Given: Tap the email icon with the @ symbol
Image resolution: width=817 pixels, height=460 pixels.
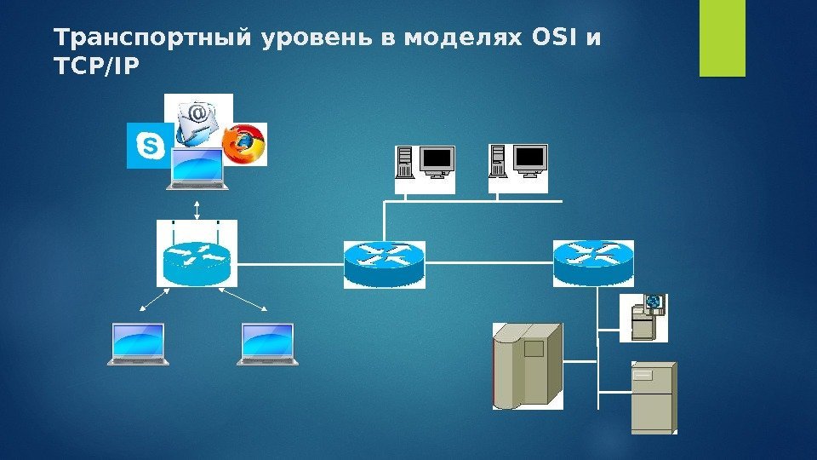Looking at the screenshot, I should click(197, 119).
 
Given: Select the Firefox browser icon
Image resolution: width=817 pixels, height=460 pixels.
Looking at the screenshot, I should click(245, 144).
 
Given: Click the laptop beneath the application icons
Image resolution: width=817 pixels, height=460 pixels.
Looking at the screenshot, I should click(197, 169).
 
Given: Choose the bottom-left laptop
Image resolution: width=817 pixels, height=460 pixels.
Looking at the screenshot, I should click(138, 344).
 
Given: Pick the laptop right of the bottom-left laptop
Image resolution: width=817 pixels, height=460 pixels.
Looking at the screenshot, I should click(268, 344).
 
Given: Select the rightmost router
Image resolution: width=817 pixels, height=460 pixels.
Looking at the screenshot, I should click(593, 262).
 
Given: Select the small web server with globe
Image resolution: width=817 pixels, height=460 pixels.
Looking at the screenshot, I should click(644, 318).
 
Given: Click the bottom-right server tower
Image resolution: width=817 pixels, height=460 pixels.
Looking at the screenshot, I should click(653, 397).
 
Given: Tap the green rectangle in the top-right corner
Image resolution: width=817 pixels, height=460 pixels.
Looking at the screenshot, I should click(722, 38).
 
